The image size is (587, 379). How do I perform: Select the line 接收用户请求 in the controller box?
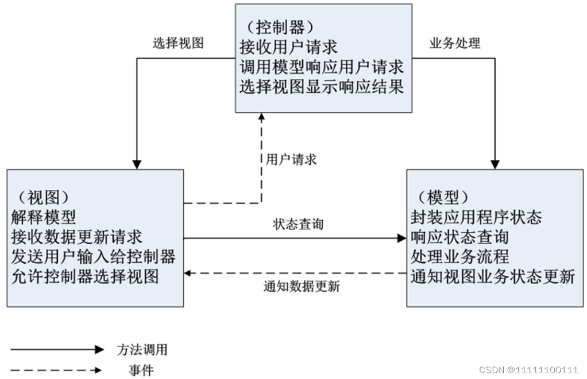coord(288,48)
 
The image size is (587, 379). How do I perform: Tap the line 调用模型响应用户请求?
coord(322,67)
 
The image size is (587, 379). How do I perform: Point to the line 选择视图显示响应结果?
coord(322,87)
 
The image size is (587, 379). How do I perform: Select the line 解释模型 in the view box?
coord(44,217)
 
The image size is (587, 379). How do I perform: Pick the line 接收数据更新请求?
coord(76,237)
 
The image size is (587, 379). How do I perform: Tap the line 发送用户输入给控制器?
coord(93,256)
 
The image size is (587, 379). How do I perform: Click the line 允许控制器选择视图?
coord(84,276)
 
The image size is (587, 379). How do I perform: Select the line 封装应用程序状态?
coord(476,217)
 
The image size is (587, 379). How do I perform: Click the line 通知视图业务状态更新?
coord(493,276)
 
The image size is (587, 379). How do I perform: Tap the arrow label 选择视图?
coord(178,43)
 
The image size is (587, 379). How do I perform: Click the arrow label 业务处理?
coord(455,43)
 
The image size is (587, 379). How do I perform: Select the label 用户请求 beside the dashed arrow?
coord(291,159)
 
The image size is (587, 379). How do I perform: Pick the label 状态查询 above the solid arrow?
coord(298,224)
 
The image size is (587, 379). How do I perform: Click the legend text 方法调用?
coord(142,349)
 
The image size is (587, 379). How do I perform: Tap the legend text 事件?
coord(141,370)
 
